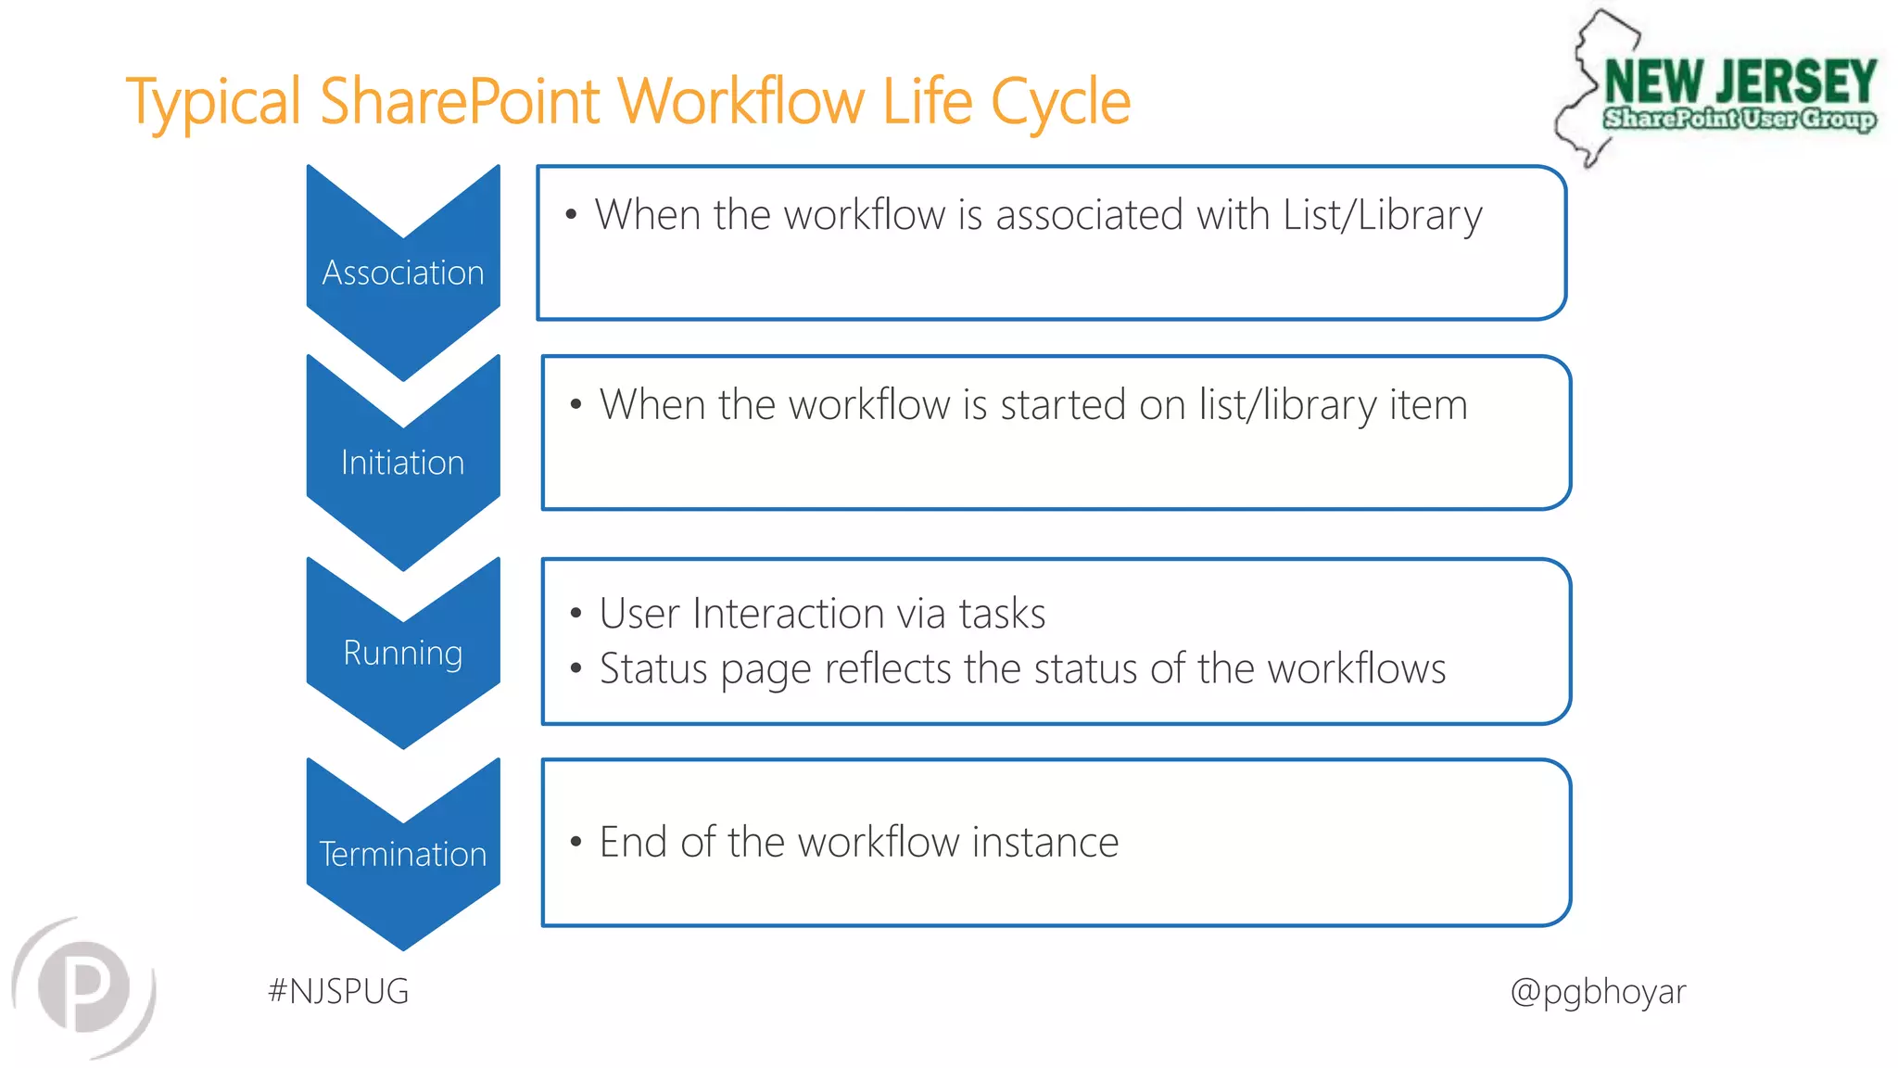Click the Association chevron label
coord(403,273)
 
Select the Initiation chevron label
coord(403,463)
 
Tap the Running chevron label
coord(403,653)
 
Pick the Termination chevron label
coord(403,854)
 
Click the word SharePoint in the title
coord(461,101)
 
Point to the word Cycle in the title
coord(1060,101)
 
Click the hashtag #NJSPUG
coord(338,991)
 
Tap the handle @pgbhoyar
coord(1598,991)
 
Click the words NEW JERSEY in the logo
coord(1740,82)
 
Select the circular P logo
coord(85,987)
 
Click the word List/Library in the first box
coord(1382,215)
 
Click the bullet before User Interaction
coord(576,614)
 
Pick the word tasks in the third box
coord(1002,614)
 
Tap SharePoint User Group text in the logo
coord(1740,119)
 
